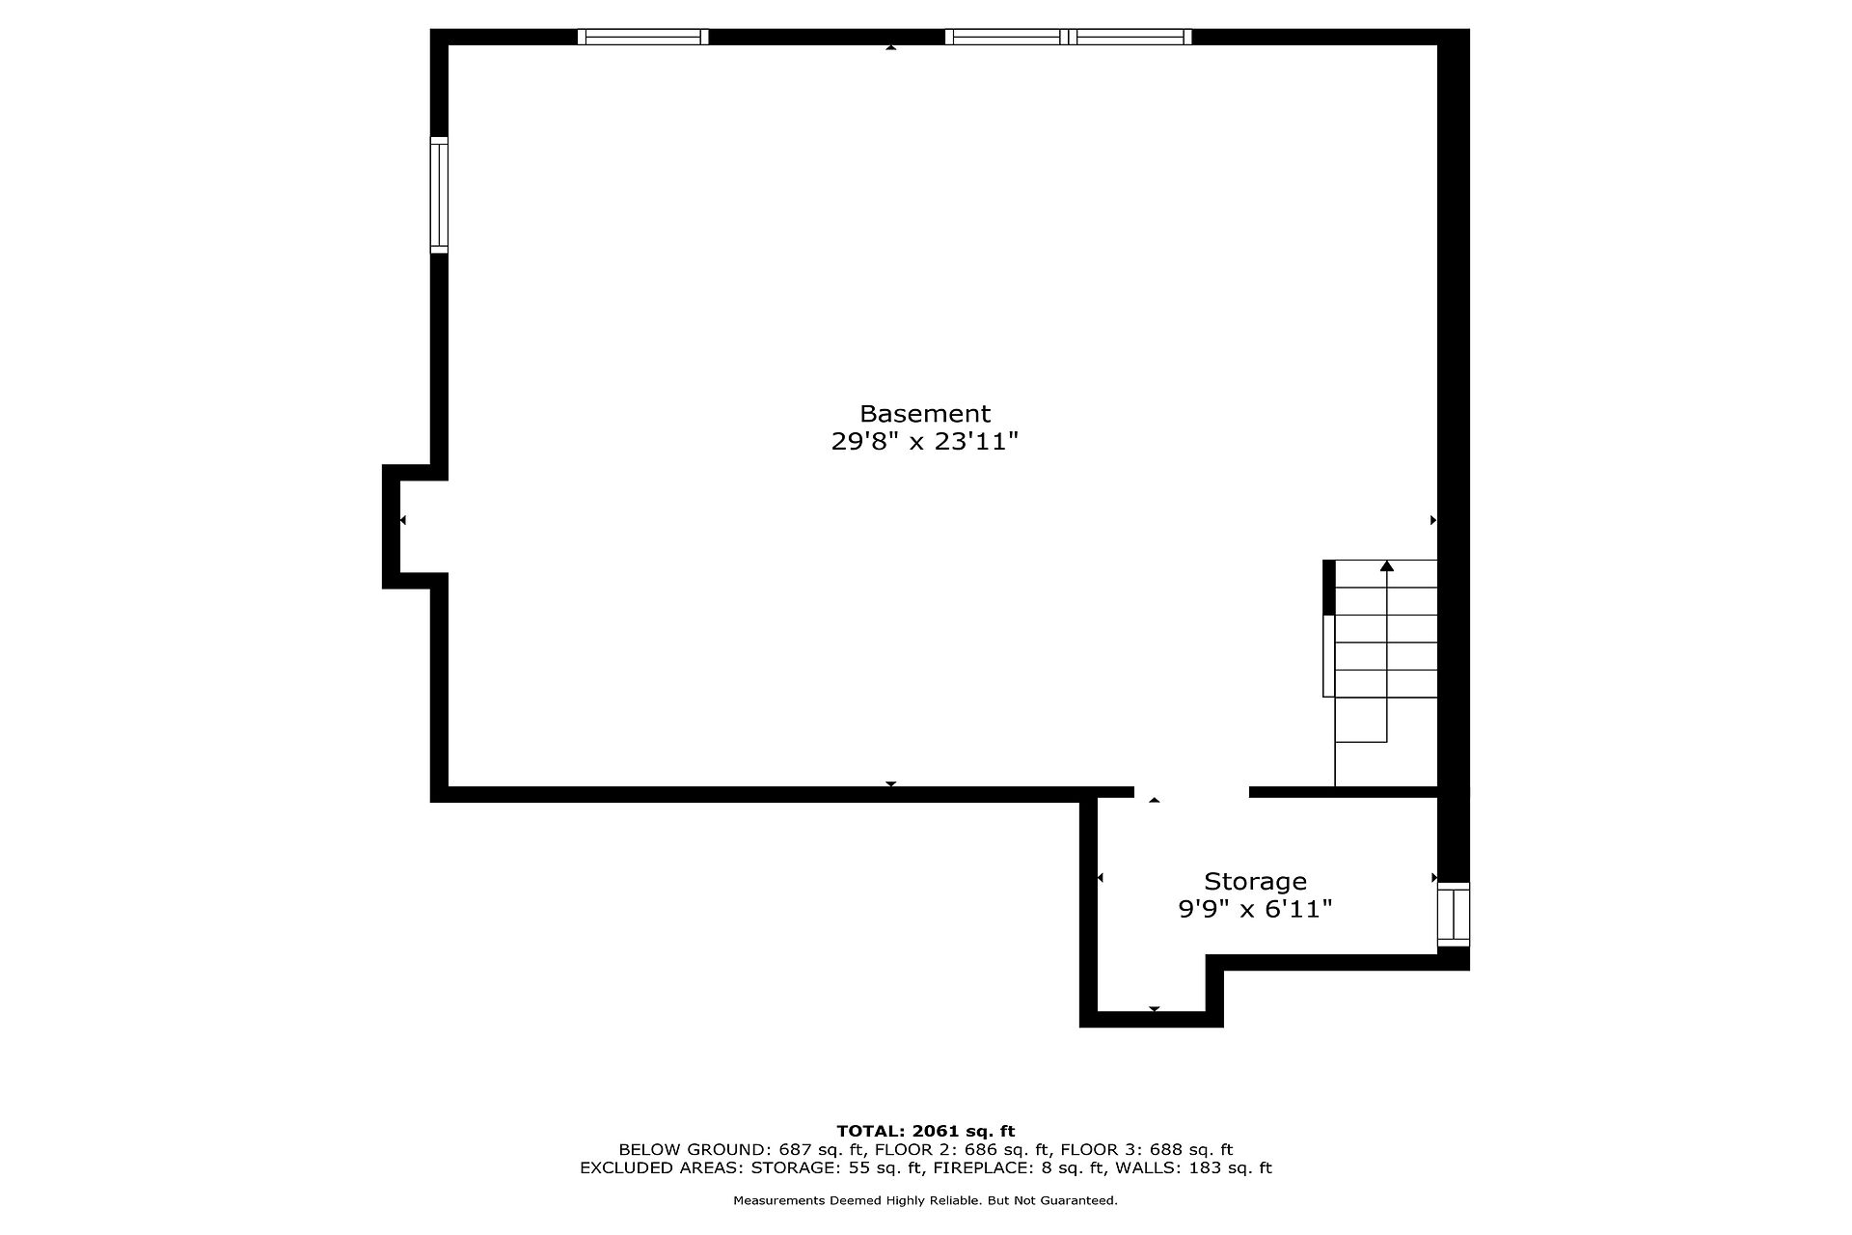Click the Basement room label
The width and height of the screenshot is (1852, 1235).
925,414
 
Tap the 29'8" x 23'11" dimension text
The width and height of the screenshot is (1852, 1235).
925,442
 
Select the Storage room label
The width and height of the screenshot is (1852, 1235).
1255,882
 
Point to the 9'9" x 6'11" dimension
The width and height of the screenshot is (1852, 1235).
1255,909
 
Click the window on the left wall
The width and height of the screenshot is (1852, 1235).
439,195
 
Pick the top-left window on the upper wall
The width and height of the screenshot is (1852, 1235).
643,37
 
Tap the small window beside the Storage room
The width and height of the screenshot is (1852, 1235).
1454,915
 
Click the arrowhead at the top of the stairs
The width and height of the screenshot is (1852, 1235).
1387,565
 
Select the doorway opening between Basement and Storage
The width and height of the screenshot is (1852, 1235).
1191,792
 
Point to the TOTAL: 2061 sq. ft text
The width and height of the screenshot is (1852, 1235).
926,1131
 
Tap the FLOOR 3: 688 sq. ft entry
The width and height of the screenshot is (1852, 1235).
1147,1149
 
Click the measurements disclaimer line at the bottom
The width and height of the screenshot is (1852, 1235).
926,1201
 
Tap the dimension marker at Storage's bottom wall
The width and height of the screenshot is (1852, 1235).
1154,1009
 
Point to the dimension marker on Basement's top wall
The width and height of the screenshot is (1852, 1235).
890,46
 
